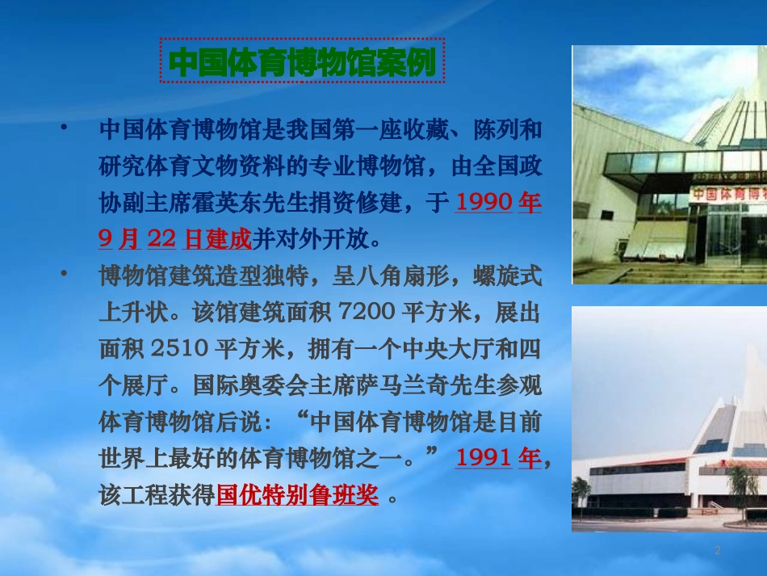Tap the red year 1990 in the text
click(x=484, y=202)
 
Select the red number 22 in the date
click(x=161, y=238)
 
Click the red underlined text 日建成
click(x=218, y=238)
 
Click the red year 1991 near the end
click(x=484, y=458)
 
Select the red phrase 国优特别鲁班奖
click(x=297, y=494)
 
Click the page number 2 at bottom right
click(x=717, y=550)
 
